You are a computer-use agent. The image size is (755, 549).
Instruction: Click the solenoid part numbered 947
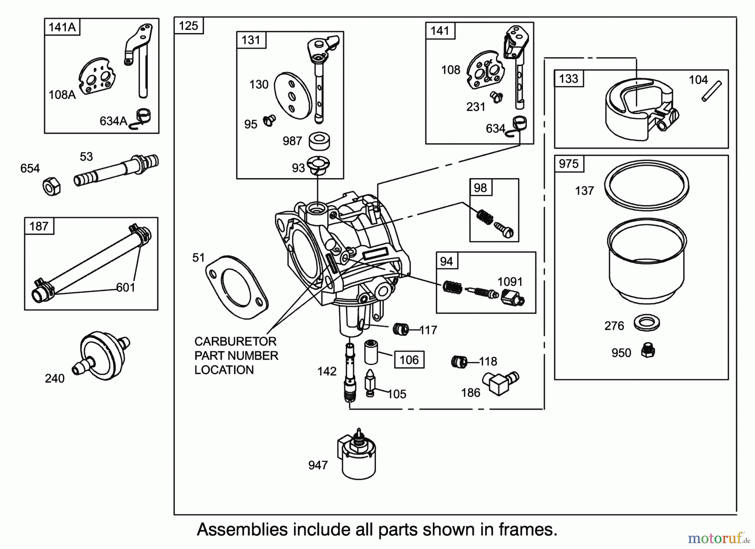coord(356,457)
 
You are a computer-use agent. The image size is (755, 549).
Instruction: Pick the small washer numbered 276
coord(646,322)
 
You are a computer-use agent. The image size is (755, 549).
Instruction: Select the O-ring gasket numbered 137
coord(646,185)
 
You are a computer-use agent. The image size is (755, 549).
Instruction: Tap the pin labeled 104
coord(711,91)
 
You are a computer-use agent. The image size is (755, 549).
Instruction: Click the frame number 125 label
coord(188,26)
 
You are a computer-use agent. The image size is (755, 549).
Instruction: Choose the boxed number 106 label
coord(409,360)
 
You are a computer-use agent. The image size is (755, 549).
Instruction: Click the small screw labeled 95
coord(269,121)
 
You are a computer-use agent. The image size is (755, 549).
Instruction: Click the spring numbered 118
coord(459,361)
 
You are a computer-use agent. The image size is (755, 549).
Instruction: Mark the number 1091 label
coord(510,282)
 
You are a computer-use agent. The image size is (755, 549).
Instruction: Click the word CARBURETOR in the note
coord(235,341)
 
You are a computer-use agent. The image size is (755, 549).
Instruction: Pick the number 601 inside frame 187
coord(125,287)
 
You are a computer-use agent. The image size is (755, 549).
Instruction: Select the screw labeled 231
coord(497,97)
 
